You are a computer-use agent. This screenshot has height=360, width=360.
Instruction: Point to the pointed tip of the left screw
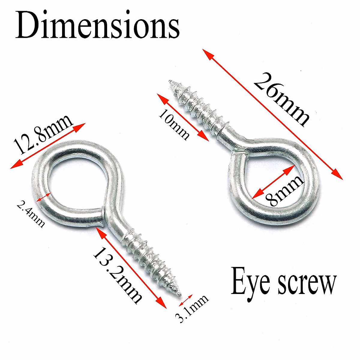coord(179,292)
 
